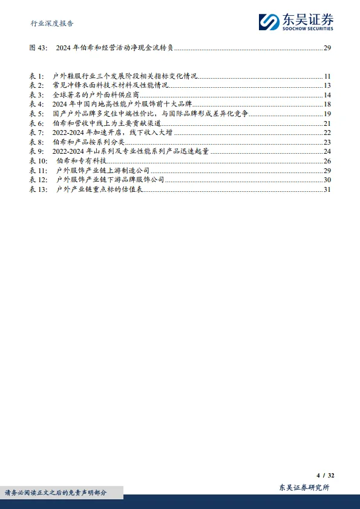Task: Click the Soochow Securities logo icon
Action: pos(269,22)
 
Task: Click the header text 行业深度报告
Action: pos(53,24)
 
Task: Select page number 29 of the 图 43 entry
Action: pos(327,48)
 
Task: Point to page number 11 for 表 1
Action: pos(327,76)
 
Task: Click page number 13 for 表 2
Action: pos(327,85)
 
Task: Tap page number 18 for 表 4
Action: pos(327,104)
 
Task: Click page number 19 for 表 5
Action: pos(327,114)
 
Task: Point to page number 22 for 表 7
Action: pos(327,133)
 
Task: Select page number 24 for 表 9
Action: pos(327,151)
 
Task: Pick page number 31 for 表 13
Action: pos(327,189)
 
